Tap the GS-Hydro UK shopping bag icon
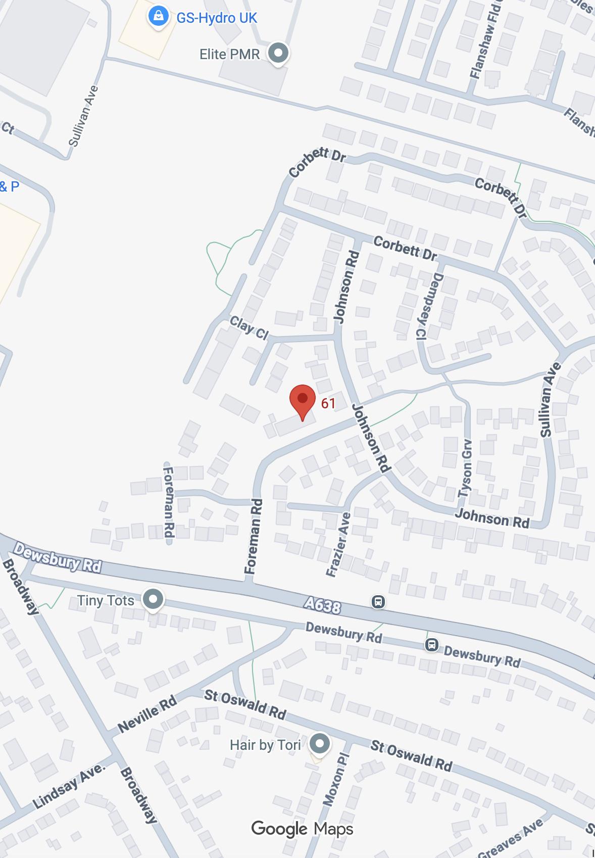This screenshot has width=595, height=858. pos(158,16)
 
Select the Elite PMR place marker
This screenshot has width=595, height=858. pos(278,53)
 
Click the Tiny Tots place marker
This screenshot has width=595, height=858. pos(153,599)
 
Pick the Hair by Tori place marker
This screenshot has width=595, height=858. pos(319,743)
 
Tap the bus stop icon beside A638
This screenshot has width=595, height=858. pos(378,601)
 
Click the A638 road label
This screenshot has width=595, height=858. pos(322,604)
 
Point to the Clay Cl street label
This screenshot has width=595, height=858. pos(249,327)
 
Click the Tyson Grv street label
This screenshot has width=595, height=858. pos(465,468)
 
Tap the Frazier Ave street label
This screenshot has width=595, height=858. pos(338,544)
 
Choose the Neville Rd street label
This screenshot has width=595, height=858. pos(147,713)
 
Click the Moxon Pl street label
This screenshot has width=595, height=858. pos(336,779)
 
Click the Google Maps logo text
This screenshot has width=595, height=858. pos(302,829)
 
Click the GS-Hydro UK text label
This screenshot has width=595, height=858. pos(217,18)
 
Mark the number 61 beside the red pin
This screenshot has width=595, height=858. pos(328,403)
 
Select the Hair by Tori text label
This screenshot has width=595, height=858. pos(265,745)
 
